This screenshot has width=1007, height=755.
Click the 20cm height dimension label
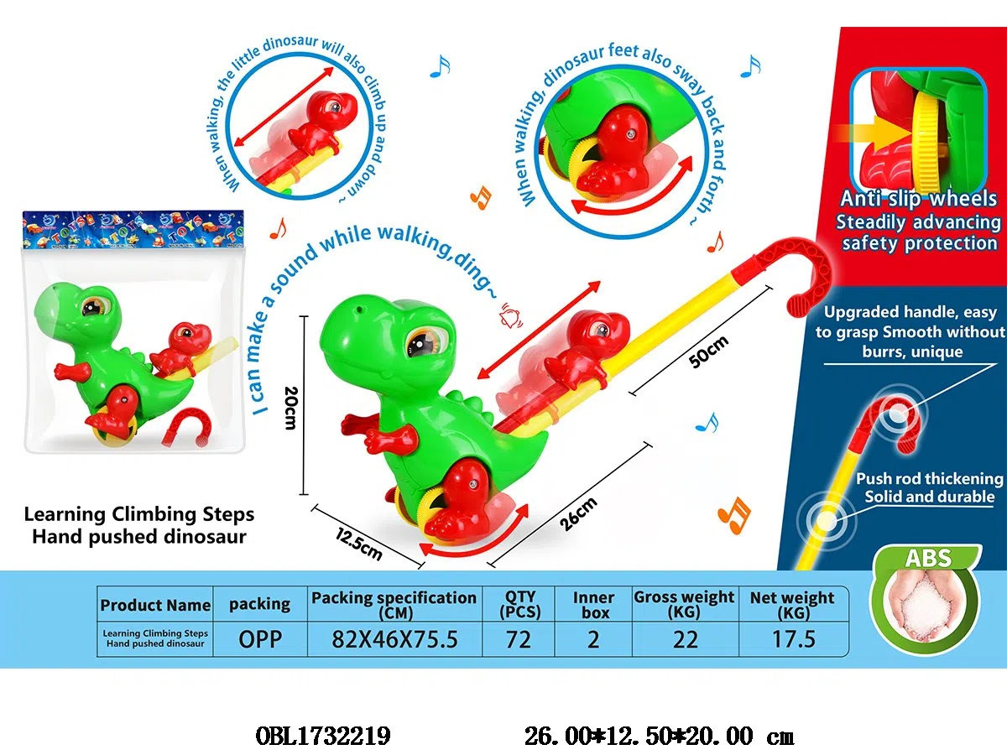[x=291, y=408]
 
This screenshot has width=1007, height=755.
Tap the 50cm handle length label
[x=709, y=351]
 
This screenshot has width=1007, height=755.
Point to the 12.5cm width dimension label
[x=359, y=544]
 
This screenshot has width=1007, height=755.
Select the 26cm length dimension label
[x=579, y=514]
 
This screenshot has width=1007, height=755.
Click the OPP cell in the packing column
[x=260, y=639]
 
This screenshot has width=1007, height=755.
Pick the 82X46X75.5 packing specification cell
[x=394, y=639]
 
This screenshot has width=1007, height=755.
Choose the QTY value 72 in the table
[x=519, y=639]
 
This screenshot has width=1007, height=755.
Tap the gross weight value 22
[x=686, y=639]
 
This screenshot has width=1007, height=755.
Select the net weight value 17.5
[x=794, y=639]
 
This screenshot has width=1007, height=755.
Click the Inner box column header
[x=593, y=605]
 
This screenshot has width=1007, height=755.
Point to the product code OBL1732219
[x=323, y=737]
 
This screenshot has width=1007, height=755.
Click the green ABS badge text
[x=928, y=559]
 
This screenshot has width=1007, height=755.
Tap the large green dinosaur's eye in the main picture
[x=423, y=342]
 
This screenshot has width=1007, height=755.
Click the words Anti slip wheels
[x=918, y=199]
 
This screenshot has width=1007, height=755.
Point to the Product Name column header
[x=155, y=605]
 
